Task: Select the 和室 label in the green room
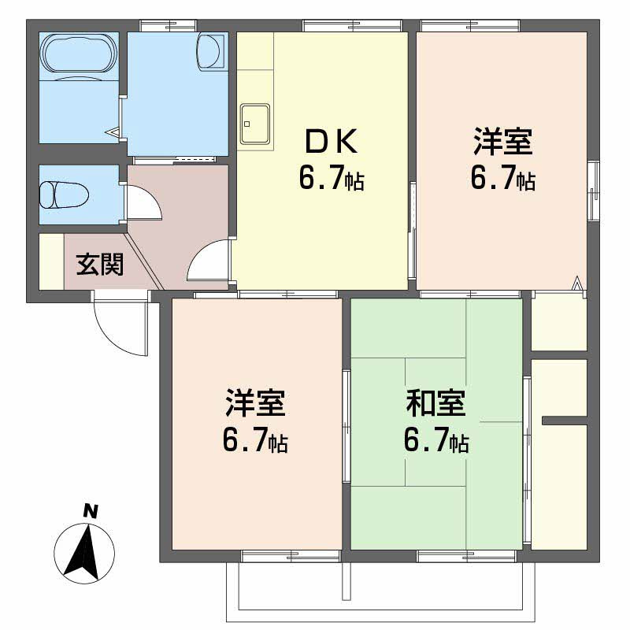[x=436, y=403]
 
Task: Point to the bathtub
[x=78, y=54]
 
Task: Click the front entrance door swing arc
[x=118, y=327]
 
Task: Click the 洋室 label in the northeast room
[x=502, y=143]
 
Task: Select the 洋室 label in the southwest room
[x=254, y=403]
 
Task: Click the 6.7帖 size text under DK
[x=331, y=180]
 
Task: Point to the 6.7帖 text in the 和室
[x=436, y=441]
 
